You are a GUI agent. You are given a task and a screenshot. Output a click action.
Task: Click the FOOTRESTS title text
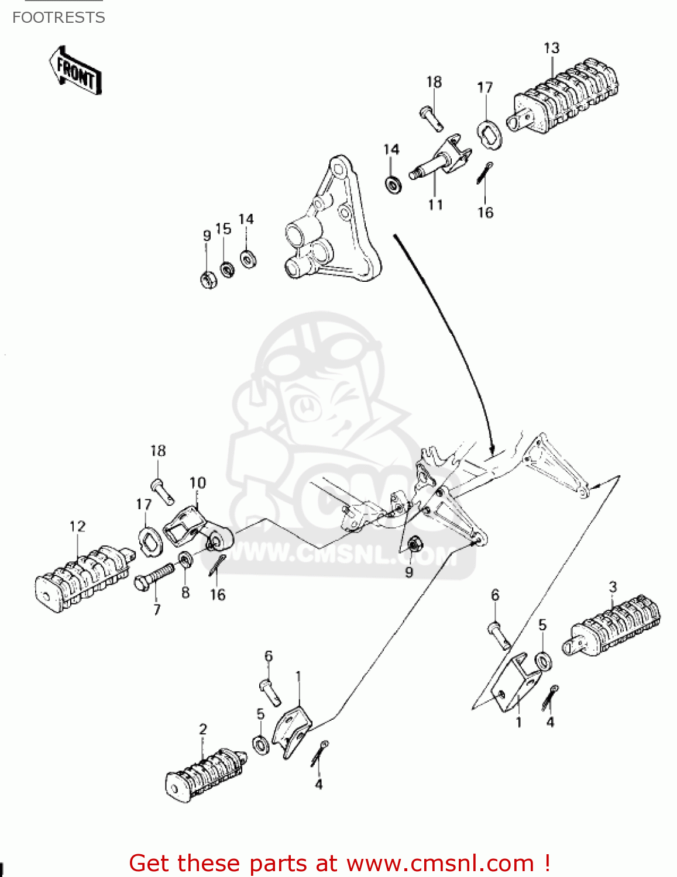[x=59, y=18]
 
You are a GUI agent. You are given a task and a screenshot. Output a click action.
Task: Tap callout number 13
[x=551, y=49]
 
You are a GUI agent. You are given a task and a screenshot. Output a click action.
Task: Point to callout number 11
[x=435, y=205]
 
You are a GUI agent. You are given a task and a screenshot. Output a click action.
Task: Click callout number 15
[x=223, y=229]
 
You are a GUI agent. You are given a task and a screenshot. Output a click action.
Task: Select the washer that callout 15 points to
[x=227, y=270]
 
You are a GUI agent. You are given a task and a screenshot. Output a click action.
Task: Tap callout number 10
[x=198, y=483]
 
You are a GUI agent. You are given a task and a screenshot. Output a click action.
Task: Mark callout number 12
[x=77, y=526]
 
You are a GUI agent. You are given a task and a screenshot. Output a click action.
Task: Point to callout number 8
[x=185, y=592]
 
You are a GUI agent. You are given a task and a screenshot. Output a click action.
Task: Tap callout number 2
[x=202, y=729]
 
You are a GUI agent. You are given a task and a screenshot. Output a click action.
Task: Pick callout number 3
[x=613, y=586]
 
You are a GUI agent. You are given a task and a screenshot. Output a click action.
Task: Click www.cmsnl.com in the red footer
[x=440, y=863]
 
